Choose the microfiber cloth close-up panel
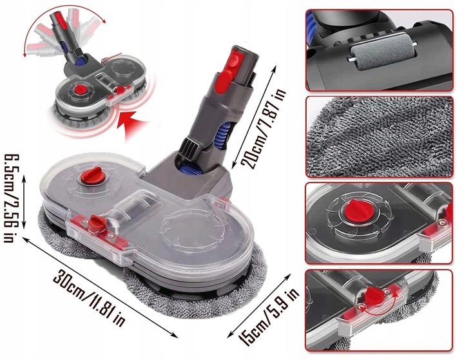379,135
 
